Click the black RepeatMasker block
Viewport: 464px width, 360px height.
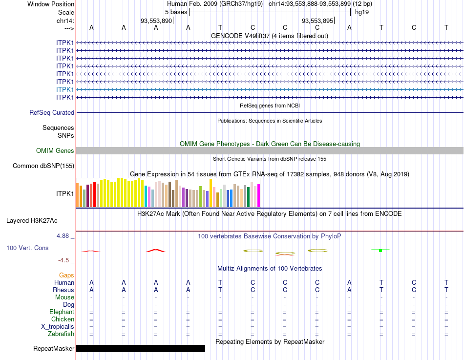(x=141, y=348)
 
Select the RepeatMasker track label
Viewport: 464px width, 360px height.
(x=54, y=349)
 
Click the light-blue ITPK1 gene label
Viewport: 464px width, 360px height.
(x=65, y=89)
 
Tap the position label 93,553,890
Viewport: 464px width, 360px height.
(x=156, y=21)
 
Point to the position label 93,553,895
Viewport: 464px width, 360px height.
(x=317, y=21)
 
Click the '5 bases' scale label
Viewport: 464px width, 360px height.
(x=176, y=12)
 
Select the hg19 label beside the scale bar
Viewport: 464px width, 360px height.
(x=362, y=12)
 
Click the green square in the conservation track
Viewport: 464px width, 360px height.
(x=380, y=250)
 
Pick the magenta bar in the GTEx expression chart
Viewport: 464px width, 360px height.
(x=258, y=195)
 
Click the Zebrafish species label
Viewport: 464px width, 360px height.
(x=61, y=334)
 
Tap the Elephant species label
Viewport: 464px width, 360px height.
(x=62, y=312)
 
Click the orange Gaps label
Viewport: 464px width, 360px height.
(x=66, y=275)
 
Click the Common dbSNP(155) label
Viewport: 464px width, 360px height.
(x=43, y=166)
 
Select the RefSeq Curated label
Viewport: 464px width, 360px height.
(x=52, y=113)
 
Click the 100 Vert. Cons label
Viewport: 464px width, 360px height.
(x=27, y=248)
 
